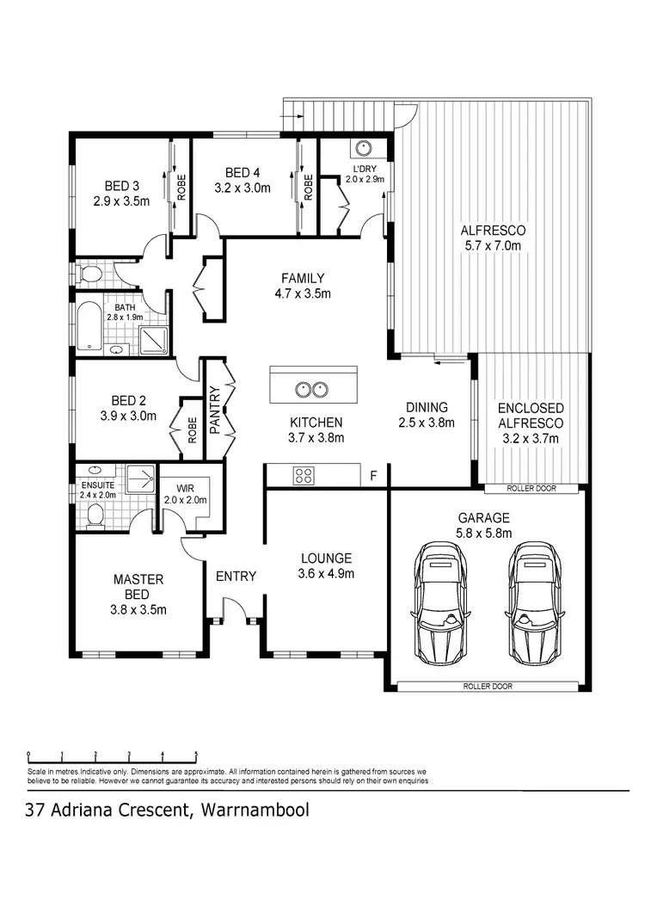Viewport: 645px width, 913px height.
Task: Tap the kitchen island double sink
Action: point(311,389)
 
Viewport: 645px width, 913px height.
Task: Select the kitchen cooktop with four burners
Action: point(304,473)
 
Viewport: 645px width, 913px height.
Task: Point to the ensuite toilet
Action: point(95,514)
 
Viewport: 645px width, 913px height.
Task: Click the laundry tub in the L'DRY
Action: point(364,148)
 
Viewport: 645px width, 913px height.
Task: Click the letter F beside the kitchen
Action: point(373,475)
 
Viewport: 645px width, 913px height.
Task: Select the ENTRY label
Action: point(236,576)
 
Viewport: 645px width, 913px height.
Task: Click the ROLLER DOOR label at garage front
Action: point(487,687)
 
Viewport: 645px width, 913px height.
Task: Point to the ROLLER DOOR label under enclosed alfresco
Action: point(531,489)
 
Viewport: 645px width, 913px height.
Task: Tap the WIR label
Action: point(187,489)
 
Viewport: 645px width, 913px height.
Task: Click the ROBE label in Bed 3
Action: point(181,187)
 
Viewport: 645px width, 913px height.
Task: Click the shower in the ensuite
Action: point(142,479)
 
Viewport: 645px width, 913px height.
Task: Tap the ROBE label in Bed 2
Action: point(193,426)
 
